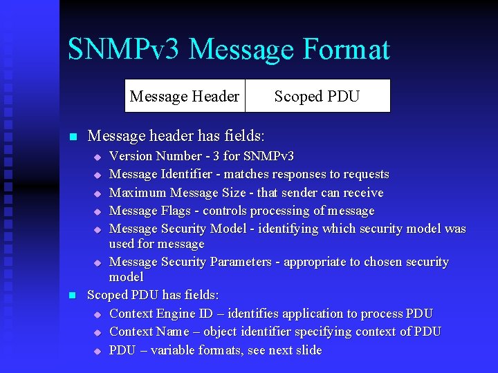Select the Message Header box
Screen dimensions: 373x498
pyautogui.click(x=185, y=96)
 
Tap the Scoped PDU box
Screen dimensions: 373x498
pyautogui.click(x=317, y=96)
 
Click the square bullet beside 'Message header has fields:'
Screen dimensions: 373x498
pyautogui.click(x=73, y=136)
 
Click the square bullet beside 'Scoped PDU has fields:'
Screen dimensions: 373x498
pyautogui.click(x=73, y=296)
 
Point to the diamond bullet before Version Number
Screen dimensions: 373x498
pyautogui.click(x=98, y=157)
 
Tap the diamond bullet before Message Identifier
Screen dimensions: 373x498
pyautogui.click(x=98, y=175)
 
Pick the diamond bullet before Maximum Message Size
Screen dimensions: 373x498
pyautogui.click(x=98, y=193)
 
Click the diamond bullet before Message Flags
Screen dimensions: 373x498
pyautogui.click(x=98, y=211)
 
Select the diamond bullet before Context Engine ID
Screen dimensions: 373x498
pyautogui.click(x=98, y=315)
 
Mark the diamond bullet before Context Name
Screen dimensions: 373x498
pyautogui.click(x=98, y=333)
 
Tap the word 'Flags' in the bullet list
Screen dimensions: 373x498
pyautogui.click(x=176, y=211)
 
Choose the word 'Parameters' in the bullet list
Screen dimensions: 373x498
pyautogui.click(x=237, y=262)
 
